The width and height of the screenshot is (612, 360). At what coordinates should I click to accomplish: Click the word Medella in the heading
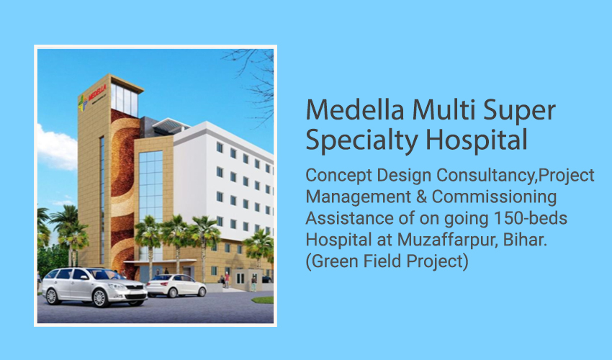[x=355, y=109]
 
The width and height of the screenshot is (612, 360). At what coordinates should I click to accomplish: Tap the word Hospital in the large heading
[x=476, y=140]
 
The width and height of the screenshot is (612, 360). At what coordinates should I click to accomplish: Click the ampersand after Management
[x=421, y=197]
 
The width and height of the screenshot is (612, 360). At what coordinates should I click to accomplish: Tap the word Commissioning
[x=494, y=197]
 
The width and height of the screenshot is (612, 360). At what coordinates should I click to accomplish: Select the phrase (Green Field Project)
[x=387, y=261]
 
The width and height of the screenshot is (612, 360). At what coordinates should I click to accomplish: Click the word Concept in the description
[x=339, y=176]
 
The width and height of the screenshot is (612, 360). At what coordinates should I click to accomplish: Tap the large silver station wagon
[x=94, y=287]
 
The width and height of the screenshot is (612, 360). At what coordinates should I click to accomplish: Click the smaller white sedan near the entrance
[x=176, y=285]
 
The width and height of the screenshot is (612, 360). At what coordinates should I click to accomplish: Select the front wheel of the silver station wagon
[x=99, y=298]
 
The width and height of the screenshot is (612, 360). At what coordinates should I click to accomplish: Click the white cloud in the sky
[x=57, y=148]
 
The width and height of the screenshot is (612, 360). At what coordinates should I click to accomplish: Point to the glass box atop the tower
[x=125, y=100]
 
